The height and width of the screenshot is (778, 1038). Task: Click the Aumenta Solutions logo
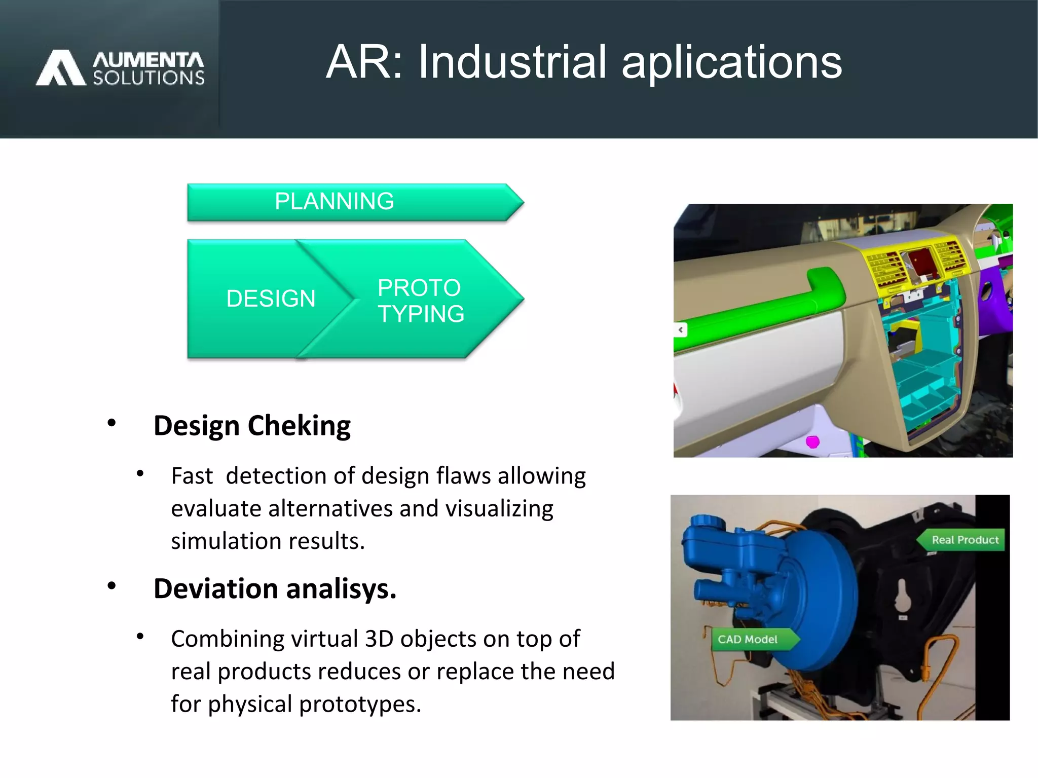[x=120, y=68]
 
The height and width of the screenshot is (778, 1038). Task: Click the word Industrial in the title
[x=511, y=62]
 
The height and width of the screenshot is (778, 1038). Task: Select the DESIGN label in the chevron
[x=271, y=299]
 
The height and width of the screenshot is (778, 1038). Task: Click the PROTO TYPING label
[x=420, y=301]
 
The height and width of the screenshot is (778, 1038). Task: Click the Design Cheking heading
[x=252, y=426]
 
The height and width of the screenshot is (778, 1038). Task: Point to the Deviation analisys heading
[x=275, y=589]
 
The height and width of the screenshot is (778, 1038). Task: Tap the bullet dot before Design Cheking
[x=112, y=423]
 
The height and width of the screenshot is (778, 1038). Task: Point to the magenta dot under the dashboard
[x=812, y=442]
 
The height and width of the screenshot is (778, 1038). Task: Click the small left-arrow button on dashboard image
[x=681, y=330]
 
